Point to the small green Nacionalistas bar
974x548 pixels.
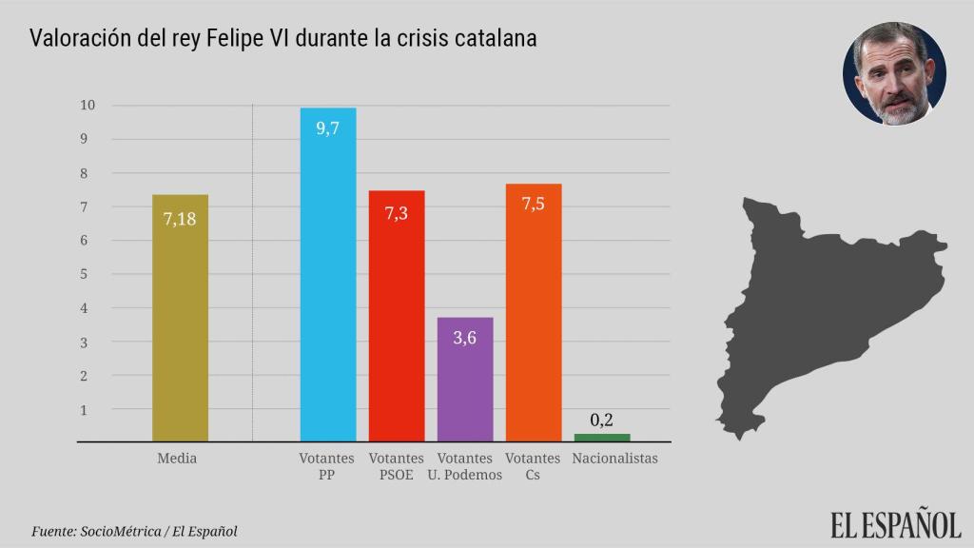click(602, 438)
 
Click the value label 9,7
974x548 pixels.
click(328, 128)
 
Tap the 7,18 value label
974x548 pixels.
click(180, 219)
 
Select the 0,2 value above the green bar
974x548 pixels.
click(601, 420)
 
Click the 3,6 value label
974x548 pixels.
click(465, 338)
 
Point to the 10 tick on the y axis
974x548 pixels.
click(88, 105)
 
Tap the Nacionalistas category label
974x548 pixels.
click(615, 459)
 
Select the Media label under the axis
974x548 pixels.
click(177, 459)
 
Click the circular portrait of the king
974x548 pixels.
click(894, 73)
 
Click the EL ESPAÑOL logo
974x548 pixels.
click(895, 524)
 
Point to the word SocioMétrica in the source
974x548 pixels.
click(127, 531)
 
